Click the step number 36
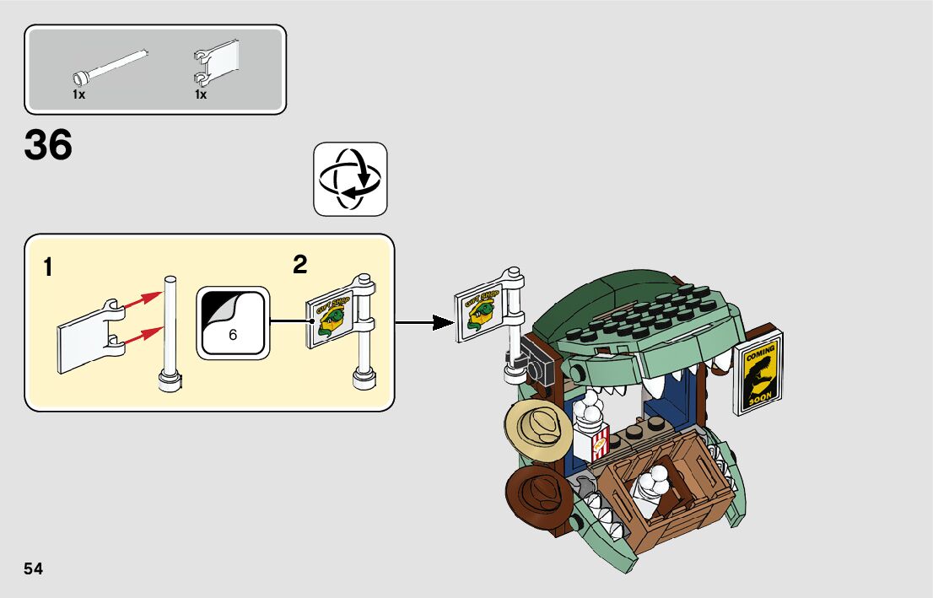click(49, 146)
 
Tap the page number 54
click(34, 569)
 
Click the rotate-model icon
click(350, 179)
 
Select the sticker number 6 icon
click(232, 323)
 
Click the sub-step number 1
click(48, 268)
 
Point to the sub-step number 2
click(299, 265)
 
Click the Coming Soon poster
click(759, 372)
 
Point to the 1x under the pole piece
click(78, 95)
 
